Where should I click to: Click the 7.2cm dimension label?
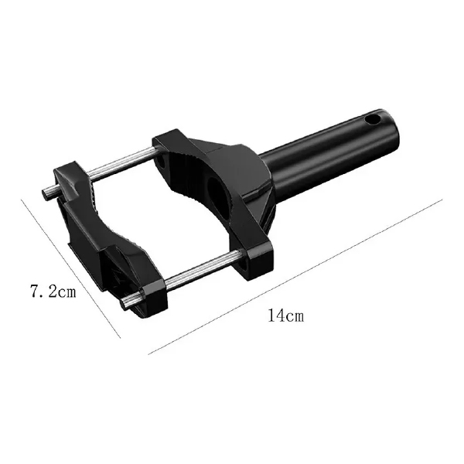(53, 292)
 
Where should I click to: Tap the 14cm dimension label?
(285, 316)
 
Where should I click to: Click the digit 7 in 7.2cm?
(34, 292)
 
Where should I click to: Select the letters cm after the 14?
(295, 316)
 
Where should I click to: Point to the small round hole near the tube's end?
(373, 119)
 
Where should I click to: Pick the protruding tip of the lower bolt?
(130, 301)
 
